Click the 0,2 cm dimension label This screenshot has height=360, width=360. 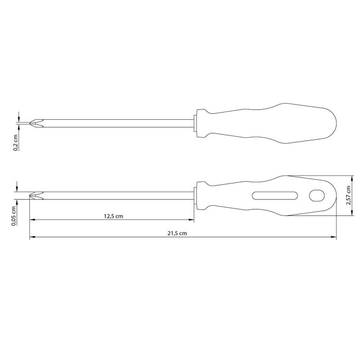[x=16, y=143]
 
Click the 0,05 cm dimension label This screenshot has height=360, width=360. [x=14, y=216]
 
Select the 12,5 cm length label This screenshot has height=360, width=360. [x=113, y=216]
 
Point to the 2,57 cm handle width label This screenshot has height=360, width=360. [x=348, y=195]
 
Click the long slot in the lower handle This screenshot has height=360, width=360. [x=275, y=196]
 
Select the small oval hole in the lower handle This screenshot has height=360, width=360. [x=317, y=196]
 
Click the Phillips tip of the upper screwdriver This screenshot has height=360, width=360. [x=36, y=123]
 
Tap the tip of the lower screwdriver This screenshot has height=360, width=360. [x=36, y=196]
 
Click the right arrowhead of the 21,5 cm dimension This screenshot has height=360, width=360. [x=333, y=237]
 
